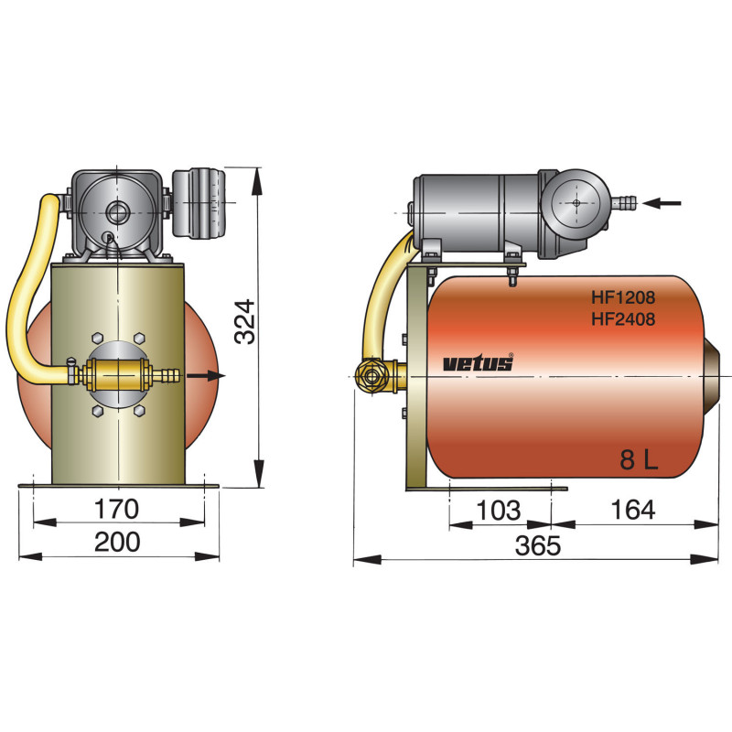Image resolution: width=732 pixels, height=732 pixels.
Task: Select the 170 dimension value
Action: click(118, 509)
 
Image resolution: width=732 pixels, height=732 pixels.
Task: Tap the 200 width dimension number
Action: click(118, 542)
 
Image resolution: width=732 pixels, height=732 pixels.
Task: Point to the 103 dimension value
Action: click(499, 511)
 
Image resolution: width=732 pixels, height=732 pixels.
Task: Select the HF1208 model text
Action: click(622, 298)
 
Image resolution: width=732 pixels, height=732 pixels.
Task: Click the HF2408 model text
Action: click(622, 319)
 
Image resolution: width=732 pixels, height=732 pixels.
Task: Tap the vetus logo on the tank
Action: click(479, 363)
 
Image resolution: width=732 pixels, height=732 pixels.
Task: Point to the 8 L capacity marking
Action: click(639, 460)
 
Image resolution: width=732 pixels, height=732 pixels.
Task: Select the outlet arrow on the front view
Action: click(208, 374)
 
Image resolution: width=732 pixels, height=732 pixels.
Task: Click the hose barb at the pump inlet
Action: click(625, 199)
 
